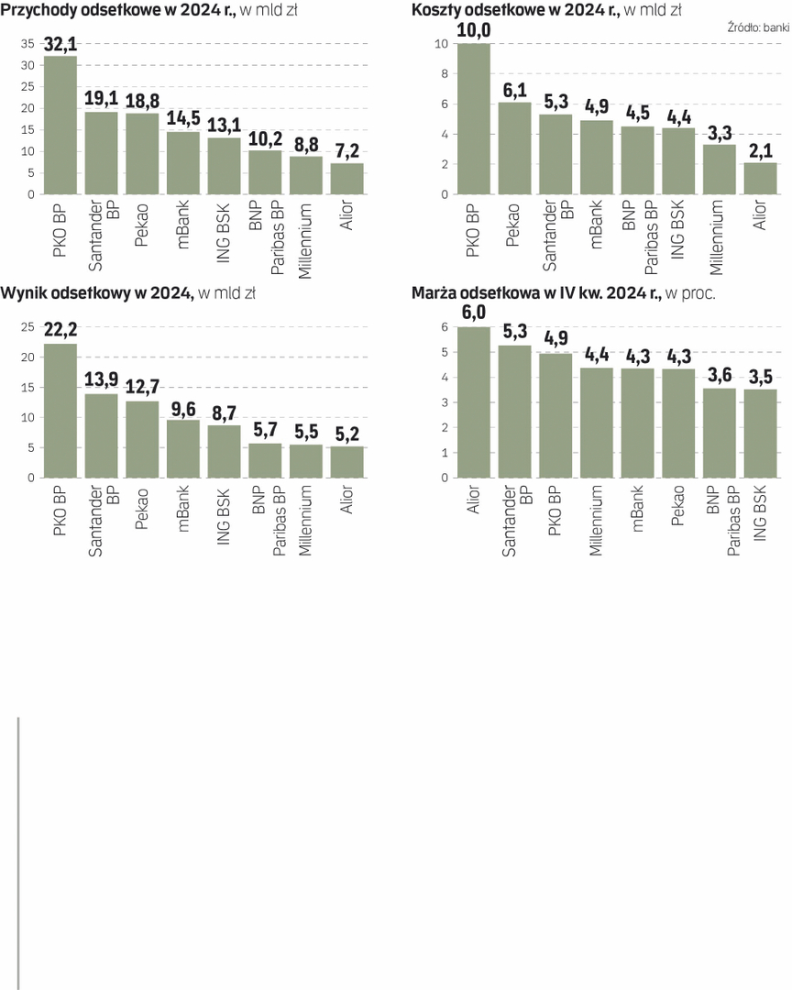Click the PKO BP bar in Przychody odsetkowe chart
pos(60,126)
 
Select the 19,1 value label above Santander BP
pos(102,99)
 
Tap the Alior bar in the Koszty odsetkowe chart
pos(761,179)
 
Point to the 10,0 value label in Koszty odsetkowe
pos(474,30)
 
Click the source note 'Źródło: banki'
pos(758,28)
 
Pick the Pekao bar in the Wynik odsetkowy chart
pos(142,439)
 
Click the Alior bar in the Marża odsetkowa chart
pos(474,402)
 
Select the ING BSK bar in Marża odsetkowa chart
pos(761,434)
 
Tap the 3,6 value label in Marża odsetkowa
pos(720,376)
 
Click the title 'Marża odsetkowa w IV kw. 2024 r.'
pos(536,293)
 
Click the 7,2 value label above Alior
pos(346,150)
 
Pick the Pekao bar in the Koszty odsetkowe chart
pos(514,148)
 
